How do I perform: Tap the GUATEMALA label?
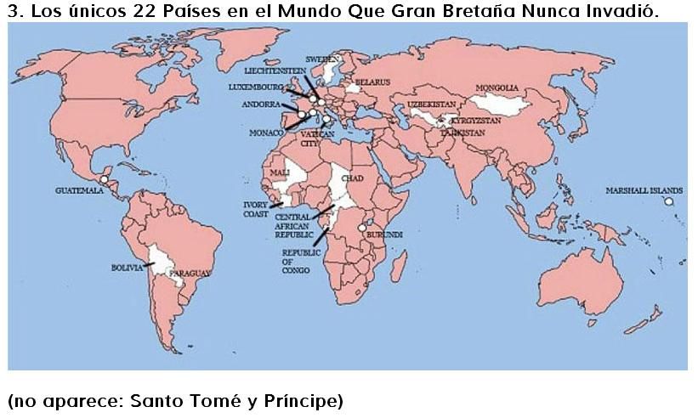point(77,190)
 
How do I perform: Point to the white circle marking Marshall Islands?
point(669,201)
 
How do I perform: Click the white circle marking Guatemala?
point(104,179)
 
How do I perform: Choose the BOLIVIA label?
point(127,268)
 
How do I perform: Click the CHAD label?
point(351,179)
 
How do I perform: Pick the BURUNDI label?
point(383,234)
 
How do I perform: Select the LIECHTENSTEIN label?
point(274,71)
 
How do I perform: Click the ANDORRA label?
point(260,104)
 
